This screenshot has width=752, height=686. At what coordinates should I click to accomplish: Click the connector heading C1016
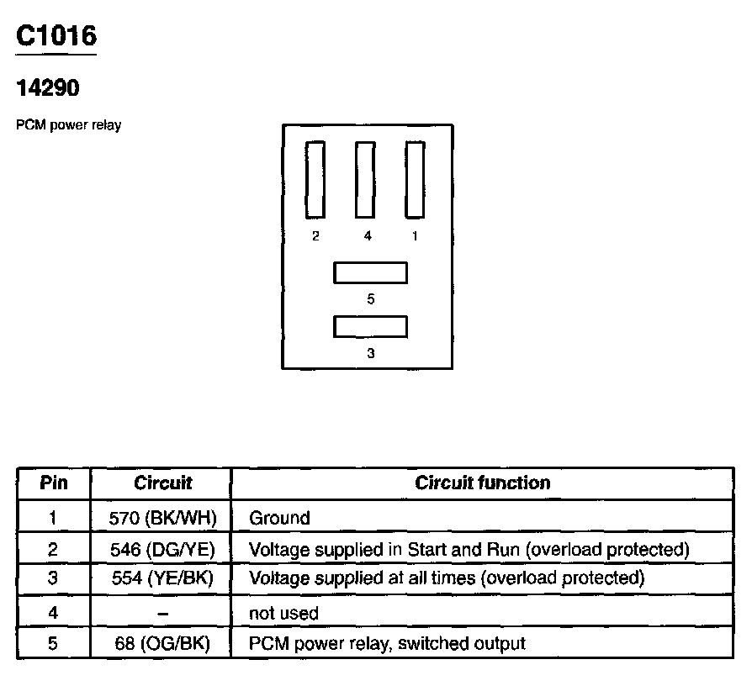pyautogui.click(x=56, y=35)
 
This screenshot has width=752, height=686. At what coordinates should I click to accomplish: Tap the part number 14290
pyautogui.click(x=48, y=87)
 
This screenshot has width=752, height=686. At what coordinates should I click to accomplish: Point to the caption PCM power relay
pyautogui.click(x=69, y=125)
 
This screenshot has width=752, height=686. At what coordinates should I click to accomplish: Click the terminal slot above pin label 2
pyautogui.click(x=315, y=179)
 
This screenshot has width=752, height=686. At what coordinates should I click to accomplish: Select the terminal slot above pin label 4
pyautogui.click(x=365, y=179)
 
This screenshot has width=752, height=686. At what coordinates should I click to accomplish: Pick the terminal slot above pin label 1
pyautogui.click(x=415, y=179)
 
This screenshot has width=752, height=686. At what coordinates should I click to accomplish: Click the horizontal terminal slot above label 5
pyautogui.click(x=370, y=272)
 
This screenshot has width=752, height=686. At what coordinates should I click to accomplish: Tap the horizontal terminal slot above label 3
pyautogui.click(x=370, y=325)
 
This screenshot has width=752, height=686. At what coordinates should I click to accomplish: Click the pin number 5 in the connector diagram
pyautogui.click(x=371, y=298)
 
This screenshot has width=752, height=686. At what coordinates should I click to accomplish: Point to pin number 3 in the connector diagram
pyautogui.click(x=371, y=353)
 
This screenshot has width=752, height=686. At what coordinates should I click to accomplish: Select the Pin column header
pyautogui.click(x=54, y=483)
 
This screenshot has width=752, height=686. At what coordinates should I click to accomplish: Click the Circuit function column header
pyautogui.click(x=483, y=483)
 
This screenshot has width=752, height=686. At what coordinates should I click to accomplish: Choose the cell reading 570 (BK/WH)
pyautogui.click(x=162, y=518)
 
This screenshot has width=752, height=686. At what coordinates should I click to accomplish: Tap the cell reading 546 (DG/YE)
pyautogui.click(x=162, y=550)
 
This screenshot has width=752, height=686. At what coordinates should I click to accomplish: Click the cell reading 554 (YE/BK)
pyautogui.click(x=162, y=578)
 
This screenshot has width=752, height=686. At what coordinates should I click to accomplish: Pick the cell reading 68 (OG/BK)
pyautogui.click(x=162, y=644)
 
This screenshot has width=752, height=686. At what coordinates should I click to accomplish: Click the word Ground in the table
pyautogui.click(x=279, y=518)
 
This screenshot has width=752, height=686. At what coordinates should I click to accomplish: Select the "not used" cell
pyautogui.click(x=283, y=613)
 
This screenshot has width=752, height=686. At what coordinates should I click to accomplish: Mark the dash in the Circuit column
pyautogui.click(x=162, y=613)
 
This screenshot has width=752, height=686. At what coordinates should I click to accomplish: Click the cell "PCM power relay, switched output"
pyautogui.click(x=387, y=644)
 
